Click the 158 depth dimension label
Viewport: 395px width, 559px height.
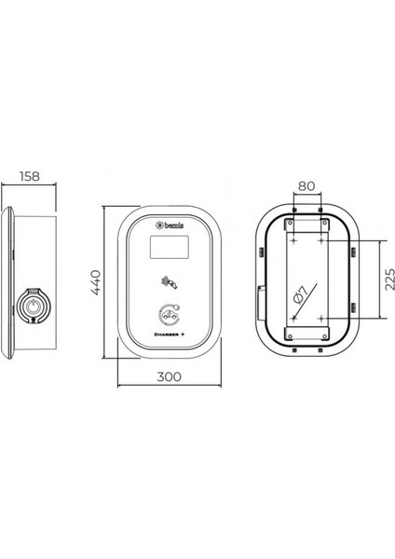point(30,176)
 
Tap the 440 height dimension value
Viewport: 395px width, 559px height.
point(96,282)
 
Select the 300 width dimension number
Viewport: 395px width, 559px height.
point(169,376)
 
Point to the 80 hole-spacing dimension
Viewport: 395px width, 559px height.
point(306,185)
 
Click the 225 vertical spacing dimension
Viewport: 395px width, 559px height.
point(390,279)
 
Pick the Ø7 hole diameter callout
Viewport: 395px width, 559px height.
point(300,294)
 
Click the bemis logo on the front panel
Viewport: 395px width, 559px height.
point(170,225)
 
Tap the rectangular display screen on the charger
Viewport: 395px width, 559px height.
point(170,247)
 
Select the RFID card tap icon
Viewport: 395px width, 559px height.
point(170,282)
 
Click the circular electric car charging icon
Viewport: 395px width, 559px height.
point(170,314)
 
